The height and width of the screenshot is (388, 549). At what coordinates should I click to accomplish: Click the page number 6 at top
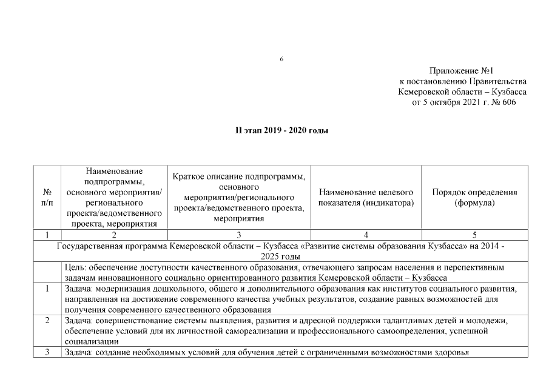(281, 59)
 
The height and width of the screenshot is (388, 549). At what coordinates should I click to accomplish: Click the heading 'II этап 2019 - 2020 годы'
(281, 130)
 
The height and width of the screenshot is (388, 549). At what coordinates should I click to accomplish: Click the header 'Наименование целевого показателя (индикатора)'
(366, 197)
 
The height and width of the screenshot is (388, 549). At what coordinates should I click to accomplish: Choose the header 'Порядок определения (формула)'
(474, 197)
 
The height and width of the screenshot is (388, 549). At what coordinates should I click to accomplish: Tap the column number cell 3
(238, 235)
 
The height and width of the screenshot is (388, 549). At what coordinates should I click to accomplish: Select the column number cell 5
(474, 235)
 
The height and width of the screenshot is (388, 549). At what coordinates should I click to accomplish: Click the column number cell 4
(366, 235)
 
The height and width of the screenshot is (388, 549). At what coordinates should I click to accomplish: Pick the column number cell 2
(114, 235)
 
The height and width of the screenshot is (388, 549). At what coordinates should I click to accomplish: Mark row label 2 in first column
(47, 320)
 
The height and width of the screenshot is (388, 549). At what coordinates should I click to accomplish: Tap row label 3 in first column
(47, 353)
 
